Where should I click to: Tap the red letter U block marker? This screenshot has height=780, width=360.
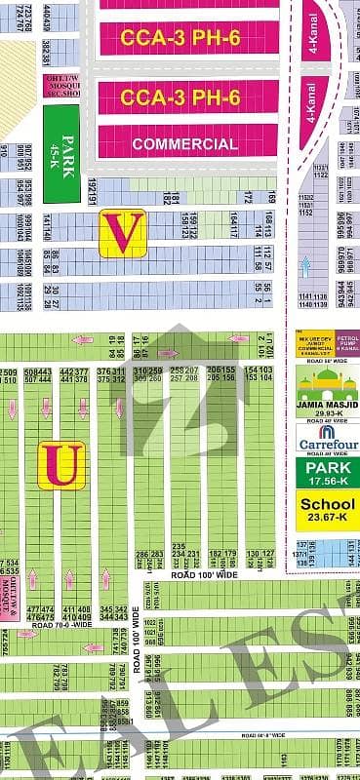(x=61, y=465)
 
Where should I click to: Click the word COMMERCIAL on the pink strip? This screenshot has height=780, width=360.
(x=185, y=144)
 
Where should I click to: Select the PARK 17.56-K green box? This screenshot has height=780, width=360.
(x=327, y=473)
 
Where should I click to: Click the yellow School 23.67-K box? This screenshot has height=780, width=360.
(x=327, y=510)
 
